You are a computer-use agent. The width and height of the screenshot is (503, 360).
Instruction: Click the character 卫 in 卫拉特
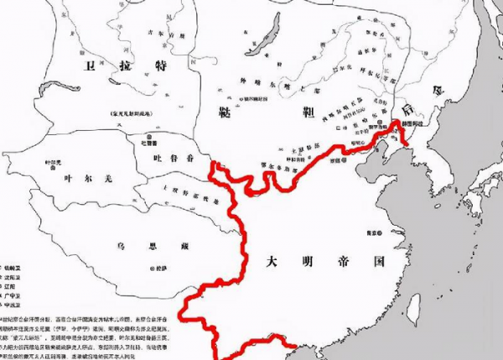pyautogui.click(x=87, y=64)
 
